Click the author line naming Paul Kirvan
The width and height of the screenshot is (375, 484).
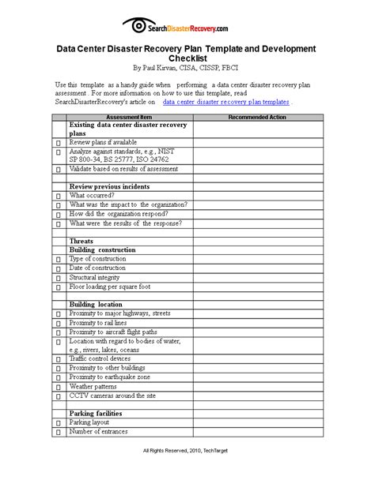pos(187,69)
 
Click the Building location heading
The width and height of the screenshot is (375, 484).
pos(96,304)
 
